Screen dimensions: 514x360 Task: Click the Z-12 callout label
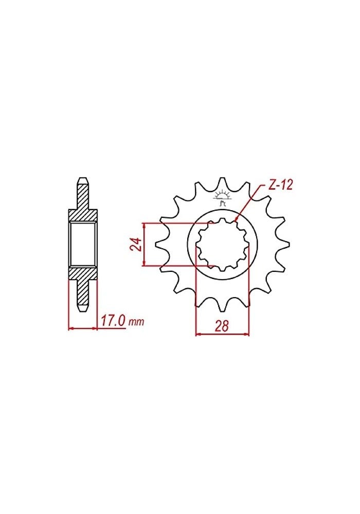point(280,186)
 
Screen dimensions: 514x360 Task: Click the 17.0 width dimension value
point(113,322)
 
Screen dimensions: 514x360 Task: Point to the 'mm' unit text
point(136,323)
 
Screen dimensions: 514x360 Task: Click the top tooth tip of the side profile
point(83,181)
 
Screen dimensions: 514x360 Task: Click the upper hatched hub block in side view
point(83,215)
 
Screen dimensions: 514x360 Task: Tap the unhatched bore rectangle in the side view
point(83,244)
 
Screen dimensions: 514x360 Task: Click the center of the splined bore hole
point(222,245)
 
